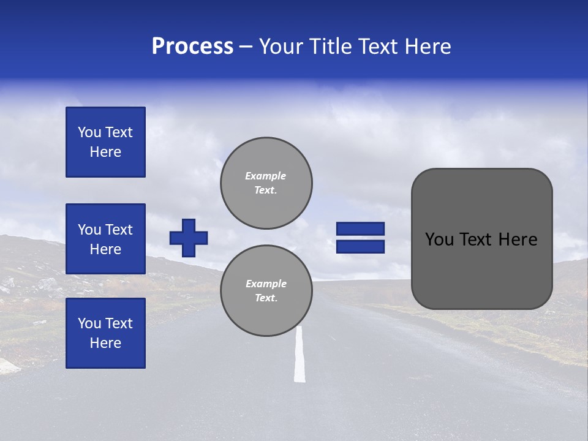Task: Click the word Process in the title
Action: coord(192,47)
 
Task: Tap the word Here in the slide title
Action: coord(426,47)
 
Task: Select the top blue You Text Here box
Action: coord(105,142)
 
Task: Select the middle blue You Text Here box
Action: coord(105,239)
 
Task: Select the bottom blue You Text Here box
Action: coord(105,333)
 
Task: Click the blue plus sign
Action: coord(189,238)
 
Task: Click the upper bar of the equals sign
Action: coord(360,228)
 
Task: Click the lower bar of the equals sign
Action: coord(360,247)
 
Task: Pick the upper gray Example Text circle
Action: coord(266,183)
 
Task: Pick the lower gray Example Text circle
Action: coord(266,291)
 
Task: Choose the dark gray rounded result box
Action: coord(481,239)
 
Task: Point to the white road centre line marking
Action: coord(300,355)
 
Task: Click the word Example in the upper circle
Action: coord(265,176)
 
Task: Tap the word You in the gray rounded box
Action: coord(439,239)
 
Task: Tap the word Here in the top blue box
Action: coord(105,152)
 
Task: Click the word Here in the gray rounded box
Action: coord(518,239)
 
